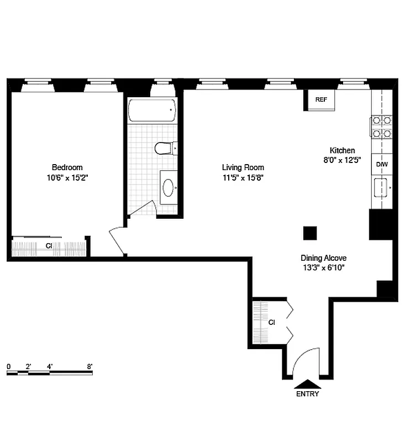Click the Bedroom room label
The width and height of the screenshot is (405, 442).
pyautogui.click(x=67, y=167)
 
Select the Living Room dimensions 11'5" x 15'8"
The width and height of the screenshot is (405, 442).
pyautogui.click(x=243, y=178)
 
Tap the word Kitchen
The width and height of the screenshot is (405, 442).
pyautogui.click(x=342, y=150)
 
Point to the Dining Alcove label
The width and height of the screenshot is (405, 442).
pyautogui.click(x=323, y=257)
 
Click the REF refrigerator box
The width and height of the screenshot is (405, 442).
pyautogui.click(x=321, y=100)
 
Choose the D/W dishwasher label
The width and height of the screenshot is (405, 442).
pyautogui.click(x=382, y=164)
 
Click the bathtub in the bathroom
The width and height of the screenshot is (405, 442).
pyautogui.click(x=152, y=110)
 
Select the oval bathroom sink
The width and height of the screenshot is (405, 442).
pyautogui.click(x=169, y=188)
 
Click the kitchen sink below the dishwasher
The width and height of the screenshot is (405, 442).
pyautogui.click(x=381, y=188)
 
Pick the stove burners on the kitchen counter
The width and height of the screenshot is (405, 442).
pyautogui.click(x=382, y=127)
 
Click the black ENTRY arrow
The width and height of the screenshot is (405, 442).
pyautogui.click(x=307, y=384)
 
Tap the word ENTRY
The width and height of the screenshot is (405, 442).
pyautogui.click(x=307, y=394)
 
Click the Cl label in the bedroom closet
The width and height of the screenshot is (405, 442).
pyautogui.click(x=49, y=246)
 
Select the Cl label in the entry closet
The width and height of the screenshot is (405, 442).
pyautogui.click(x=271, y=322)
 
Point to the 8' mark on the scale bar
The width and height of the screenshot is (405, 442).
pyautogui.click(x=90, y=366)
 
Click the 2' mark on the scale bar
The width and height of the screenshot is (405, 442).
pyautogui.click(x=28, y=366)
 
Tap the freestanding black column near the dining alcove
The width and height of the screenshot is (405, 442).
pyautogui.click(x=310, y=233)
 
